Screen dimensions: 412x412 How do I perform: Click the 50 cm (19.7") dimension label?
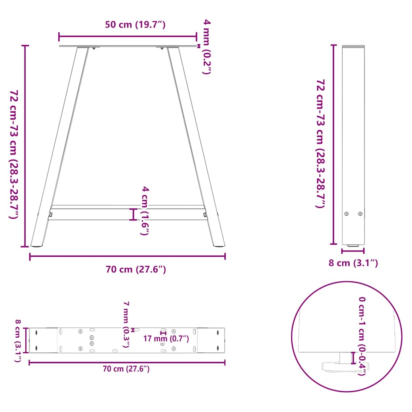point(135,25)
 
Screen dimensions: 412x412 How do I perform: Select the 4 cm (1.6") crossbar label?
point(145,210)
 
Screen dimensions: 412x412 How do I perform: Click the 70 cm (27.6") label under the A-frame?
point(136,270)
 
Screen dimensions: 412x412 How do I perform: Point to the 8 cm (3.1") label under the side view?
point(353,263)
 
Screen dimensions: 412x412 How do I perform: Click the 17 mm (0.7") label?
point(166,339)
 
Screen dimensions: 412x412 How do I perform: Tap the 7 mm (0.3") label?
point(126,324)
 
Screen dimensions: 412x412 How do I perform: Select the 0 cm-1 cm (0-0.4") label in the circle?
point(362,336)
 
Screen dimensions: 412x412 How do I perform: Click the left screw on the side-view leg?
point(346,214)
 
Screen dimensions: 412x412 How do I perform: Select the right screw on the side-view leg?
point(360,214)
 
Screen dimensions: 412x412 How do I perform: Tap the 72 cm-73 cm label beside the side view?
point(320,144)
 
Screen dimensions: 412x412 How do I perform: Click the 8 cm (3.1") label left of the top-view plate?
point(18,340)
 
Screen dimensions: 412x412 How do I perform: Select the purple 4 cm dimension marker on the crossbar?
point(134,214)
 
